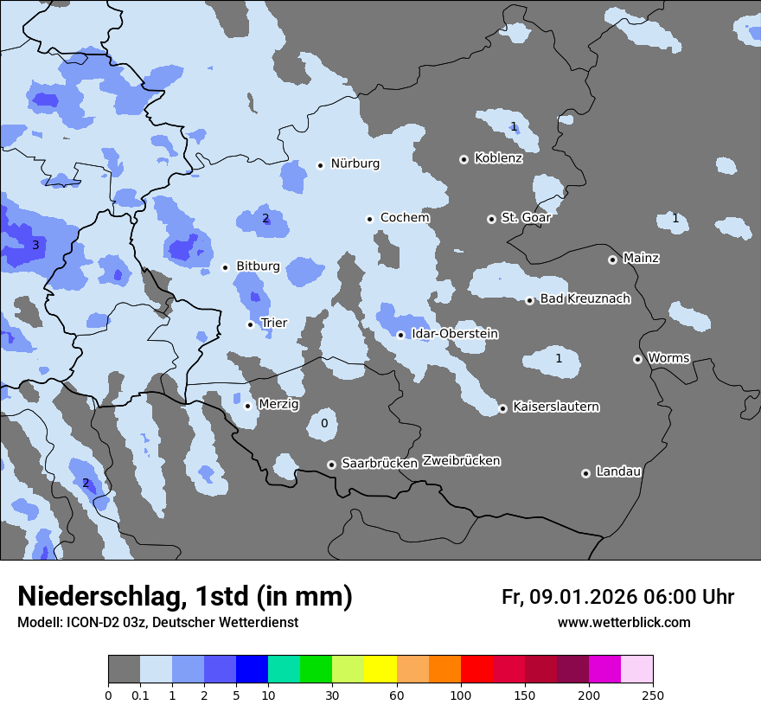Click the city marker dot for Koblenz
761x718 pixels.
(x=464, y=159)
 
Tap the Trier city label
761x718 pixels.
(x=273, y=323)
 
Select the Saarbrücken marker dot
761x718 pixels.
(x=331, y=465)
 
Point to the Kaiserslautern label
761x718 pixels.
(x=555, y=407)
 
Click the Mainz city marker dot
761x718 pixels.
(x=612, y=260)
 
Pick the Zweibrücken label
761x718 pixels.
(x=461, y=460)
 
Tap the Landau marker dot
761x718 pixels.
(x=585, y=473)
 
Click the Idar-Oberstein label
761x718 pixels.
(x=454, y=334)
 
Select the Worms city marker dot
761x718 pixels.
(x=637, y=359)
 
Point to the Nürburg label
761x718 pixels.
(x=355, y=163)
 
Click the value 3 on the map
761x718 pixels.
(x=35, y=246)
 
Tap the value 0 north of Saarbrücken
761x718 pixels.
(x=324, y=423)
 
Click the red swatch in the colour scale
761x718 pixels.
(x=476, y=670)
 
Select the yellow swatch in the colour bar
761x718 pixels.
(x=380, y=670)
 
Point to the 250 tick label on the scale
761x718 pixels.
(x=652, y=695)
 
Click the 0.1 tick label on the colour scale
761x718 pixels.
(x=140, y=695)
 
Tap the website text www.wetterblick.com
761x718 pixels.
(x=624, y=622)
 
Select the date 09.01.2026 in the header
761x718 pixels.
(x=583, y=597)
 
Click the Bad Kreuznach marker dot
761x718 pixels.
(x=530, y=300)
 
